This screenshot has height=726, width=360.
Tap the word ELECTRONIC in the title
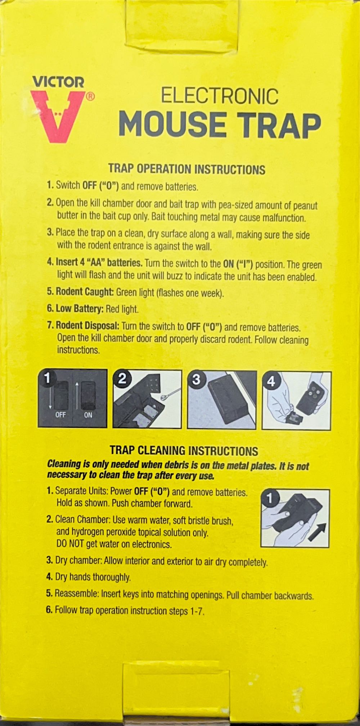[x=220, y=96]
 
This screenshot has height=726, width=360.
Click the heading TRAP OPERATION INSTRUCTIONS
[x=187, y=169]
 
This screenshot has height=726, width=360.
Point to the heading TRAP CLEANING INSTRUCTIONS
[x=184, y=451]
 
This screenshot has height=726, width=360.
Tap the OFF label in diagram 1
[x=60, y=415]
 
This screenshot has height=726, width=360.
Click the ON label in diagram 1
[x=88, y=415]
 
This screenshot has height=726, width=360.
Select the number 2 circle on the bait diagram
[x=122, y=378]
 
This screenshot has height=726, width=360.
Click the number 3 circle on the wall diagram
[x=196, y=379]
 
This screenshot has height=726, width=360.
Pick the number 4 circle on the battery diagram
[x=271, y=381]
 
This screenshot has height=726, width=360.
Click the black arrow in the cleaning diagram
[x=317, y=532]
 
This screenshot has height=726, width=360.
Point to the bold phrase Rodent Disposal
[x=87, y=326]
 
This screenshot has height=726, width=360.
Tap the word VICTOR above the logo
[x=59, y=82]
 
